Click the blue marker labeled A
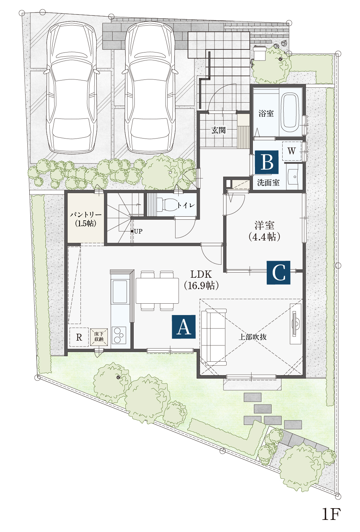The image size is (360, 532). coord(184,326)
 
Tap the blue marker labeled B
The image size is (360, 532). coord(267,162)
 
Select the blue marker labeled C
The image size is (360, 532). coord(278,273)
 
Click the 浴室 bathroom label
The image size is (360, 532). coord(266,114)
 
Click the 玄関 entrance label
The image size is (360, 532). coord(218,130)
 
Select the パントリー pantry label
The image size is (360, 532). coord(86,215)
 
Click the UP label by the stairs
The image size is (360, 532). coord(138,231)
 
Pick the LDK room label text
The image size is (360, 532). coord(201,274)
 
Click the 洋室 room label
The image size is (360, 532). coord(265,225)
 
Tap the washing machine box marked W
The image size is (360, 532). coord(292,151)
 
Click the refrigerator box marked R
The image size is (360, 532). coord(79,337)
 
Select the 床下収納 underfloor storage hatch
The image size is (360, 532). coord(99,337)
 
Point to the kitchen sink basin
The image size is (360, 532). coord(120,292)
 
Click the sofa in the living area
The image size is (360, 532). coord(214,337)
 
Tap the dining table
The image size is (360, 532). coord(157,291)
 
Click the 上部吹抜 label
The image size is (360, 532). coord(253,337)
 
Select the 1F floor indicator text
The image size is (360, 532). coord(331,514)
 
